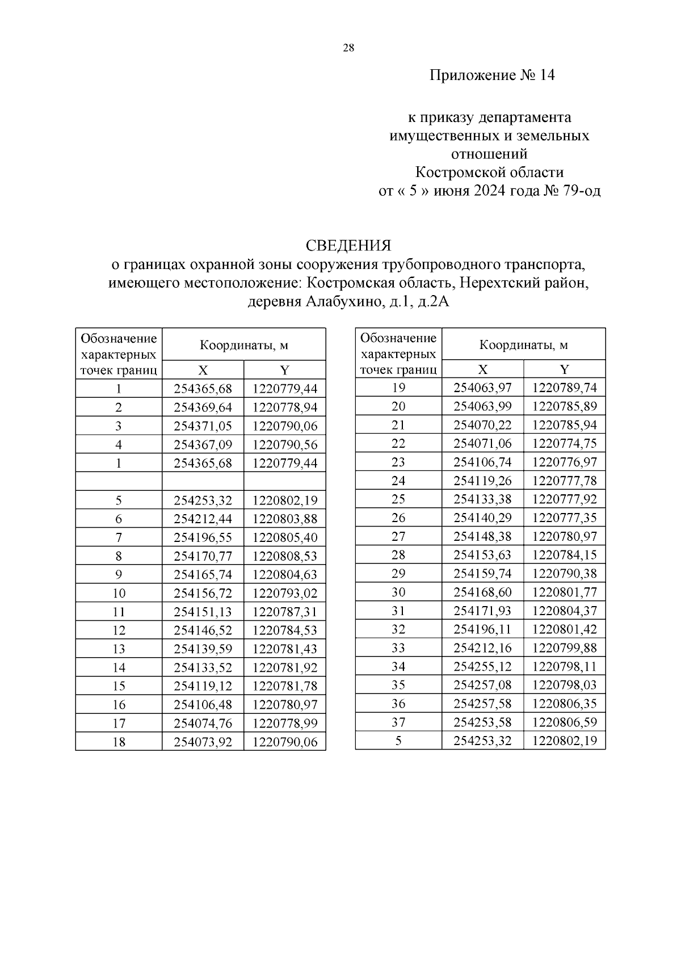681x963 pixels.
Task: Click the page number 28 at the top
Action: coord(348,48)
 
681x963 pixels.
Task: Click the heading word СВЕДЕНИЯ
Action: coord(348,246)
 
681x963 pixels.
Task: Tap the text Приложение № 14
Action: coord(491,75)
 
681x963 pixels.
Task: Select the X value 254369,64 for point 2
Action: coord(203,407)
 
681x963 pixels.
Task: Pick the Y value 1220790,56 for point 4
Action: coord(285,444)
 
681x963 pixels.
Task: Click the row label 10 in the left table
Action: coord(119,593)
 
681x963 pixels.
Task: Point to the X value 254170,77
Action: coord(203,556)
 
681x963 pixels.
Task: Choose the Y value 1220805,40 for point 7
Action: coord(285,537)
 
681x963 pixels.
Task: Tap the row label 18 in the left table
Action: coord(119,742)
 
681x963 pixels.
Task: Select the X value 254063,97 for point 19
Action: coord(483,388)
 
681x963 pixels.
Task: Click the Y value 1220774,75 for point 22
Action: coord(565,444)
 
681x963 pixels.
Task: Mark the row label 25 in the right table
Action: coord(398,499)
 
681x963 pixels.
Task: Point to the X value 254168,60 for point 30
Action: coord(483,592)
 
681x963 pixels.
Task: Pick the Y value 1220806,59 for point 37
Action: coord(565,722)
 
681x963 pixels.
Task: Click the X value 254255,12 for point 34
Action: coord(483,667)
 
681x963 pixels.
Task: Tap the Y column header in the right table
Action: coord(565,369)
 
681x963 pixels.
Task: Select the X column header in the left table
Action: coord(203,371)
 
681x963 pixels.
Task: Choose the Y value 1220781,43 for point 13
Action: coord(285,649)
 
